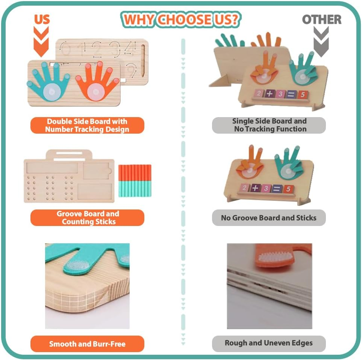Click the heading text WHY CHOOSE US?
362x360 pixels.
point(181,20)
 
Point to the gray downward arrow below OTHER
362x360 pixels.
point(322,42)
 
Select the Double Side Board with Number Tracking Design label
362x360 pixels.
point(87,125)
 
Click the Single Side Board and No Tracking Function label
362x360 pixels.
point(269,125)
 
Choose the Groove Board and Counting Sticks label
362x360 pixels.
point(87,218)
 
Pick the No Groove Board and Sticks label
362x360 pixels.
point(269,218)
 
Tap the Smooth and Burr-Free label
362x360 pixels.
point(87,343)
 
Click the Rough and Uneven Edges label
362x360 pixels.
point(269,343)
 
